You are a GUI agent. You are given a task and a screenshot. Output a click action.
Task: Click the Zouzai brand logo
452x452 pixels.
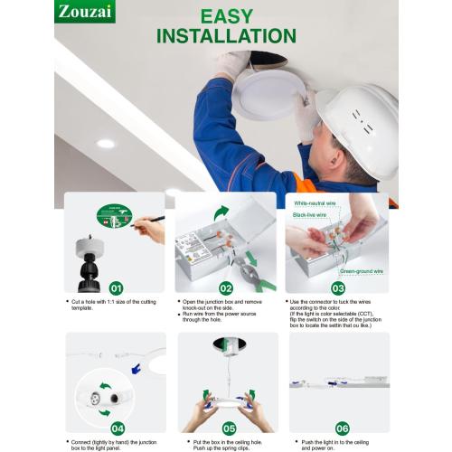[85, 12]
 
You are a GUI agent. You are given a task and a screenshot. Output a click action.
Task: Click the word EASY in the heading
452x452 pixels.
[226, 16]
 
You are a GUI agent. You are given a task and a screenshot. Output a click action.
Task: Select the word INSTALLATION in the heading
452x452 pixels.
[226, 36]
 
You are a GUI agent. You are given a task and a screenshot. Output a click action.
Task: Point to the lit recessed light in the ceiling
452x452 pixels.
[106, 143]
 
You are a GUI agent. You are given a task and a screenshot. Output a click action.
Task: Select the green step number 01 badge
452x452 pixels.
[117, 287]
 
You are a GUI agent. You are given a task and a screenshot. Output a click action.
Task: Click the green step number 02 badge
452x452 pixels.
[226, 287]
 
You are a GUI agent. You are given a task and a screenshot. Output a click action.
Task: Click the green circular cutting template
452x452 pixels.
[114, 217]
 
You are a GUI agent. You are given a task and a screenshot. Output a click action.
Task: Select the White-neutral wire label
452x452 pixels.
[315, 203]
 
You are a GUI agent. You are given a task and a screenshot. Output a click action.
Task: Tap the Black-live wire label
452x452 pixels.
[310, 215]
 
